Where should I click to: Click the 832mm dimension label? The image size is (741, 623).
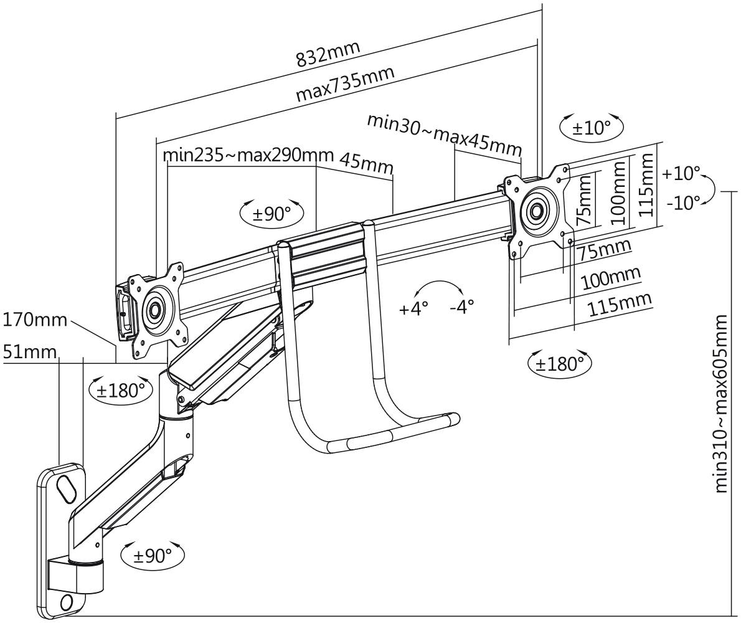(328, 55)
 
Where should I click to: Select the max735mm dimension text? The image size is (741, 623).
(345, 84)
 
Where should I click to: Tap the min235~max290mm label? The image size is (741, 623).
(248, 155)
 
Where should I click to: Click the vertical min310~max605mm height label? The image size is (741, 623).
(720, 404)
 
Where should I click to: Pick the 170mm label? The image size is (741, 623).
(35, 320)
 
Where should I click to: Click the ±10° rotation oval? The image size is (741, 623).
(592, 127)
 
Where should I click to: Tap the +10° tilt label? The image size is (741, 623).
(681, 173)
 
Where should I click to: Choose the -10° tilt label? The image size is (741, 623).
(682, 203)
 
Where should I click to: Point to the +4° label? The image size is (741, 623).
(413, 308)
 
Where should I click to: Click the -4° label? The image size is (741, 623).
(461, 307)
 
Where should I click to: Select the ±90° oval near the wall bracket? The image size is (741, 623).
(152, 555)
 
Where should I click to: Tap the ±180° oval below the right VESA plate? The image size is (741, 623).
(559, 363)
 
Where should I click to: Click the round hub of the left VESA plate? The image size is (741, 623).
(154, 308)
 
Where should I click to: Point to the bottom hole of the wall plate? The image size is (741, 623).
(67, 602)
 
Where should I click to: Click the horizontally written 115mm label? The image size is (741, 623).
(619, 305)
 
